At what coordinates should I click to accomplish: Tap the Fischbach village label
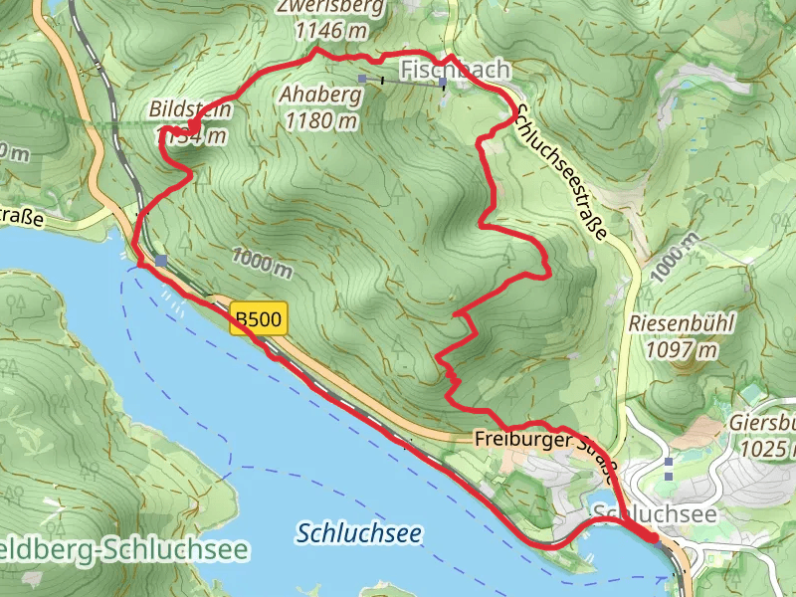click(x=456, y=70)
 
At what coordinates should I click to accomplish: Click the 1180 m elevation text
click(x=320, y=121)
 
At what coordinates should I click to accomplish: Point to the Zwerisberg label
click(x=330, y=8)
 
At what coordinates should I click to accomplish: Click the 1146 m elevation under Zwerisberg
click(x=330, y=31)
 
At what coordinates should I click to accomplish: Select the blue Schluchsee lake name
click(x=359, y=533)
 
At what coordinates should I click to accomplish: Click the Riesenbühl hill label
click(x=682, y=324)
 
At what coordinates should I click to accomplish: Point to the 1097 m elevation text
click(x=682, y=349)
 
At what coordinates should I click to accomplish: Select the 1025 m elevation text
click(x=767, y=449)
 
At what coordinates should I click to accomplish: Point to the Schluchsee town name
click(x=654, y=512)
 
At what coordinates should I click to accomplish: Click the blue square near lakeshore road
click(x=161, y=261)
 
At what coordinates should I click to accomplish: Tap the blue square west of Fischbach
click(x=363, y=79)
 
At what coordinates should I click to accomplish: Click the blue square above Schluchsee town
click(x=669, y=463)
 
